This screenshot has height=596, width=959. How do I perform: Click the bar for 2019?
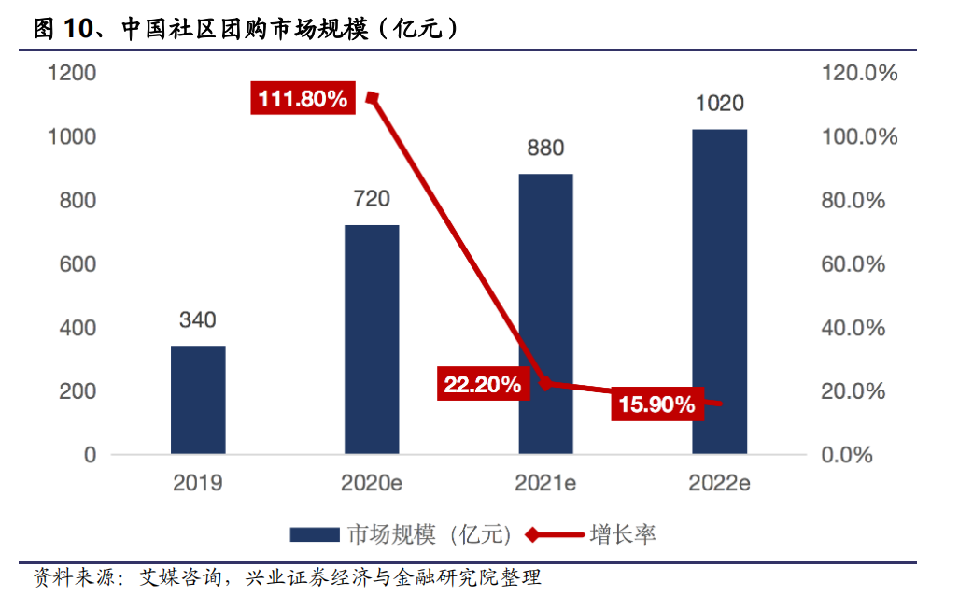[x=198, y=400]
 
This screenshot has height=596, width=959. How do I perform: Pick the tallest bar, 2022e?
[x=719, y=291]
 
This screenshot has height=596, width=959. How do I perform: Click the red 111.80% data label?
[x=303, y=98]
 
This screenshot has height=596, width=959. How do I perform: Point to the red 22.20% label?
[x=482, y=384]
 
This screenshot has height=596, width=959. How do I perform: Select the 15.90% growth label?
[x=656, y=404]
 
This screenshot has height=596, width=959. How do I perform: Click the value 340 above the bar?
[x=198, y=320]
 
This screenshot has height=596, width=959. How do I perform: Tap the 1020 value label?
[x=719, y=104]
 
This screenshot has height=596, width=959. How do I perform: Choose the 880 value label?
[x=545, y=149]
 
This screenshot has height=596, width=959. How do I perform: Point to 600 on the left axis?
[x=78, y=264]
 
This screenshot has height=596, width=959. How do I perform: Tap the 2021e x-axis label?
[x=545, y=483]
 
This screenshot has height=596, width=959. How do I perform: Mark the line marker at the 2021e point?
[x=546, y=383]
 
